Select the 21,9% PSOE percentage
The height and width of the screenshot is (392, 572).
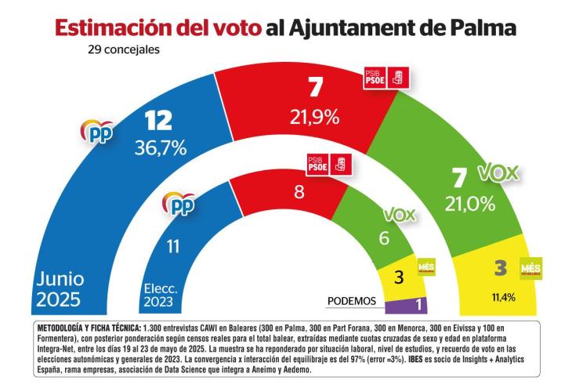(314, 118)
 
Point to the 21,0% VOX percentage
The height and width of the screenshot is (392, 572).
(470, 203)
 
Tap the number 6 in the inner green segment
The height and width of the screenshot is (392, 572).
(384, 238)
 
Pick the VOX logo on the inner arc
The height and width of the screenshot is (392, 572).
(400, 212)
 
